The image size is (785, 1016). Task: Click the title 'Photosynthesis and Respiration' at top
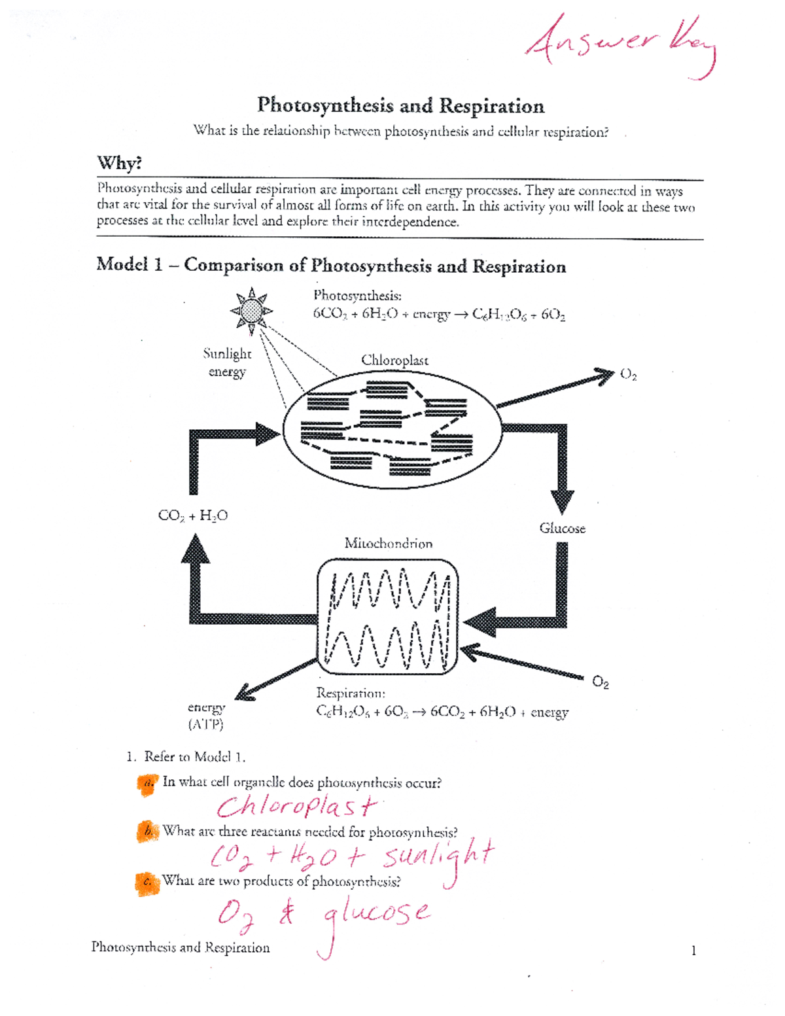click(x=400, y=106)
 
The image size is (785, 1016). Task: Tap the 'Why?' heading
click(x=119, y=163)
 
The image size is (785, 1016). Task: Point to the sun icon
click(x=251, y=311)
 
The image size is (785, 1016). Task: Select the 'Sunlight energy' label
click(x=227, y=362)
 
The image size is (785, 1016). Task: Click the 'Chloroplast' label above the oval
click(x=394, y=360)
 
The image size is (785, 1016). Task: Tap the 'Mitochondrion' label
click(x=388, y=543)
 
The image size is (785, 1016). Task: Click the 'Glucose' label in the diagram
click(x=562, y=528)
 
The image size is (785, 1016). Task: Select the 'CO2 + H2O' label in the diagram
click(x=193, y=516)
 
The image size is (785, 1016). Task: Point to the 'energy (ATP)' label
click(x=206, y=716)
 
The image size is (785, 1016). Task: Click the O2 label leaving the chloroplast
click(x=628, y=374)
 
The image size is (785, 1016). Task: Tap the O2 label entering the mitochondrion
click(x=601, y=682)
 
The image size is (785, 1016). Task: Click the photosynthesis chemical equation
click(x=438, y=314)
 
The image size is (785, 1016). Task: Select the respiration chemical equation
click(x=442, y=712)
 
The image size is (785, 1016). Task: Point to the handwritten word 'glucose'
click(x=376, y=913)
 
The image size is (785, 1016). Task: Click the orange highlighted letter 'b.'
click(x=148, y=832)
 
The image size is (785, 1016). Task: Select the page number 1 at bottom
click(x=693, y=951)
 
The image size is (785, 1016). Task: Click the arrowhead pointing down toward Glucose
click(x=562, y=501)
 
